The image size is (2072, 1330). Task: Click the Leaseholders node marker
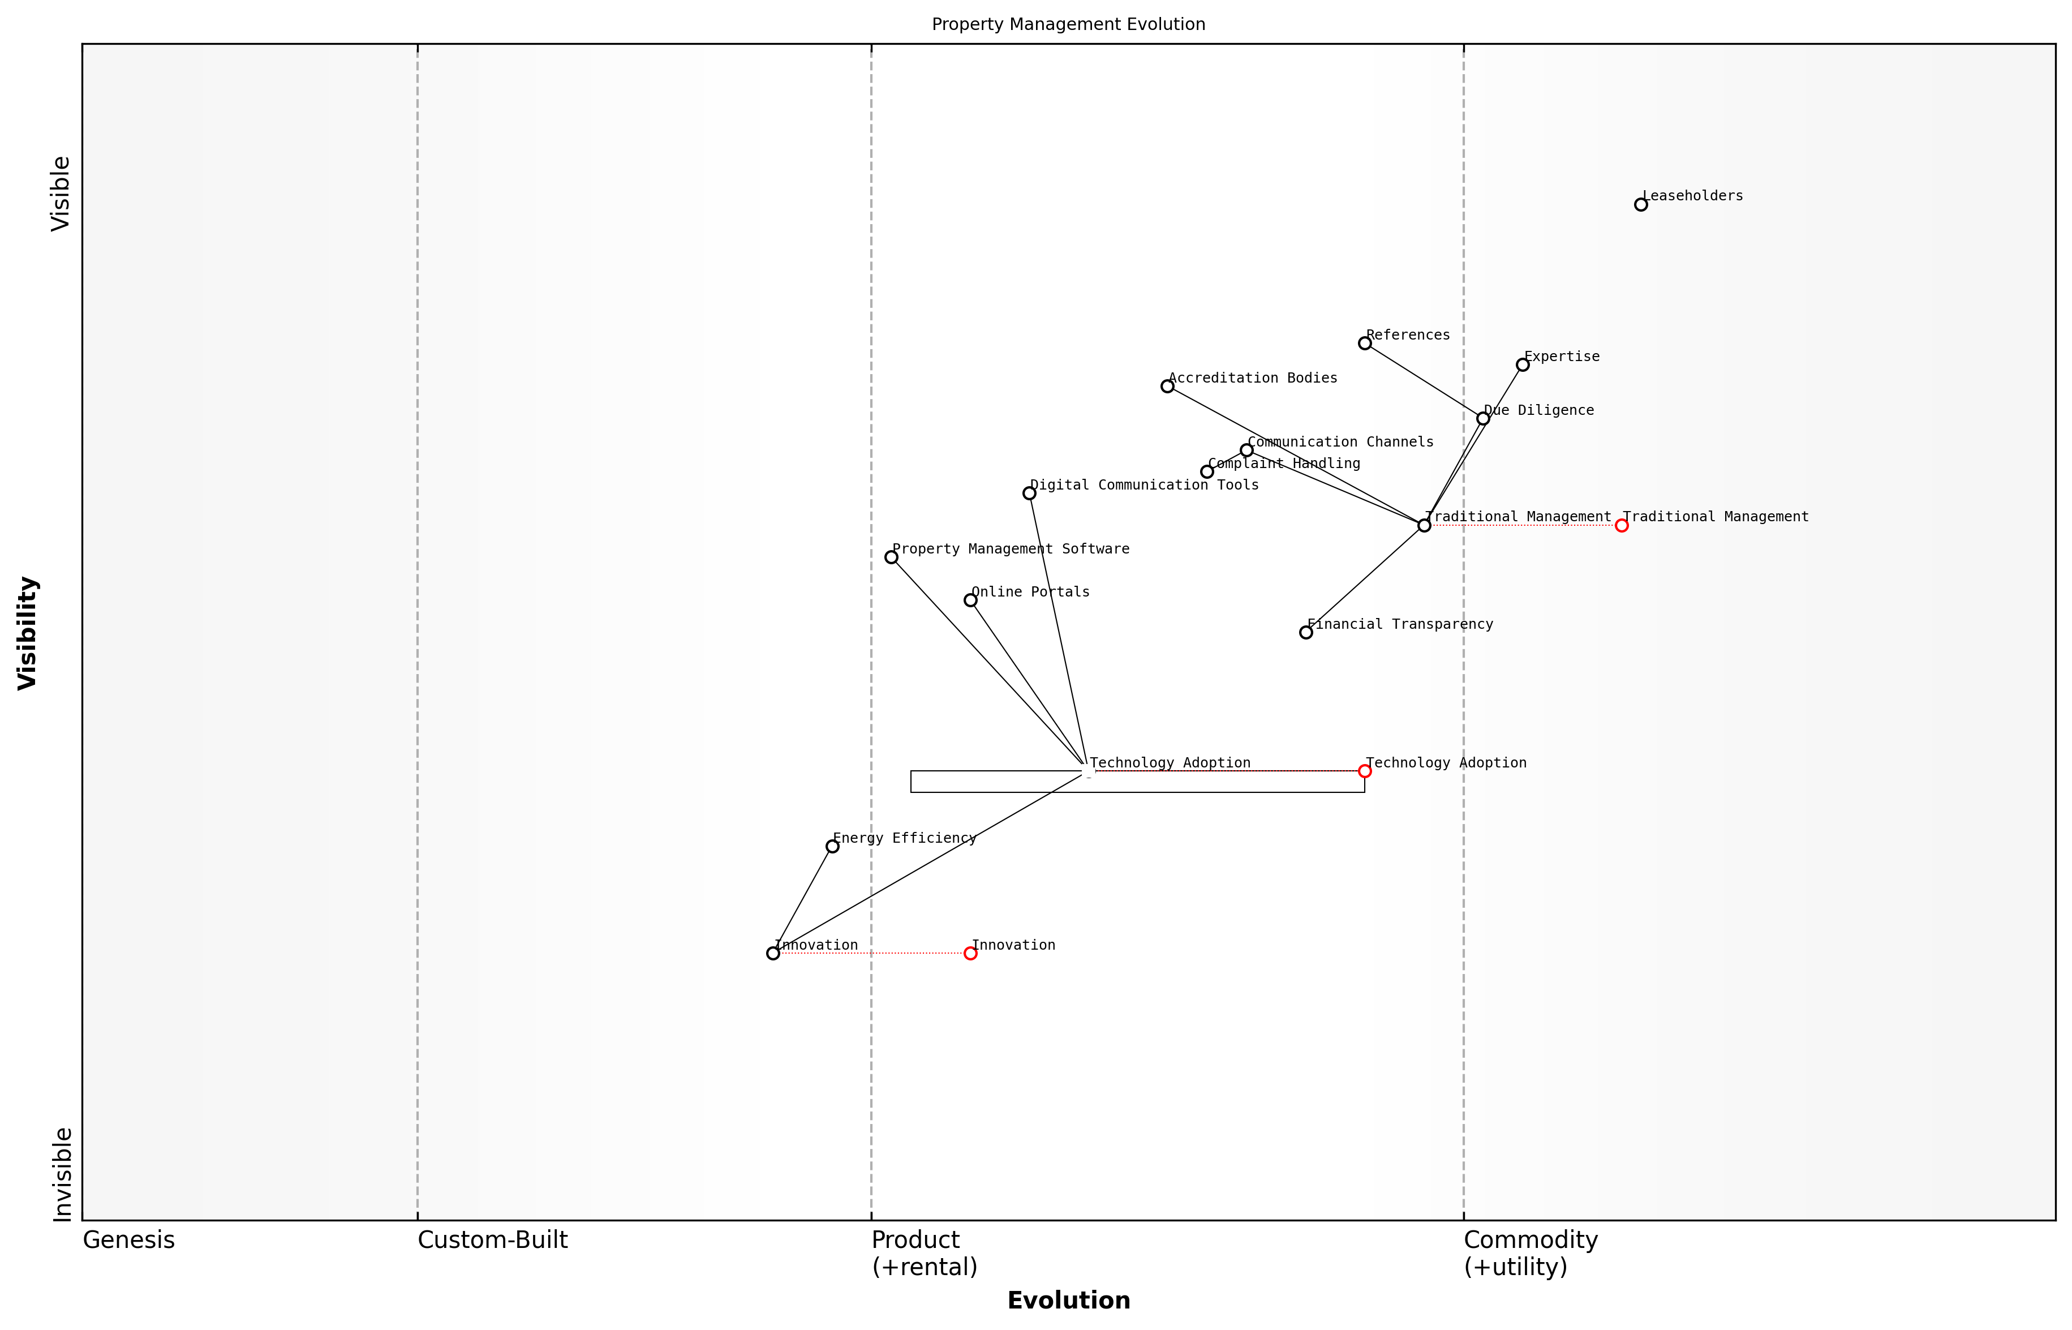pos(1640,205)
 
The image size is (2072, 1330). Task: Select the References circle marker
pos(1365,344)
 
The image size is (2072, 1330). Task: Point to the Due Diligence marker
pos(1483,419)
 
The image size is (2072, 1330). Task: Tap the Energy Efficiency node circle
pos(832,846)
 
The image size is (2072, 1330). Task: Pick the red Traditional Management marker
pos(1622,526)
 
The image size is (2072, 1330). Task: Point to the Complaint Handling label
pos(1284,464)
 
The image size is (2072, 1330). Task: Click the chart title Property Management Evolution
pos(1068,25)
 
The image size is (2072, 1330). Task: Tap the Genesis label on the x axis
pos(128,1240)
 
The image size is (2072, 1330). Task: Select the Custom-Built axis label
pos(492,1240)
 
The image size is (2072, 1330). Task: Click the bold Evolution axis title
pos(1068,1301)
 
